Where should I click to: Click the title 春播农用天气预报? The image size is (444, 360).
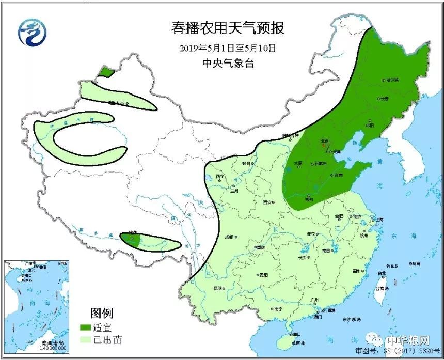click(228, 28)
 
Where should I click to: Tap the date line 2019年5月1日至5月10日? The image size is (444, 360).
click(228, 48)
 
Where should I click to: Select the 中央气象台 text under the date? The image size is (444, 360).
click(228, 63)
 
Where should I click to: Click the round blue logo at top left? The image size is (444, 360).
click(32, 32)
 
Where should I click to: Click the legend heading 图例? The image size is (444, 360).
click(101, 313)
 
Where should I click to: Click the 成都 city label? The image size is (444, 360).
click(229, 237)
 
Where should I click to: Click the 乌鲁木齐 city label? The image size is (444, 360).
click(116, 103)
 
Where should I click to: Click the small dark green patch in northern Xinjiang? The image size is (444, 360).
click(105, 72)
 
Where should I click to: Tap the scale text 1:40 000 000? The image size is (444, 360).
click(54, 348)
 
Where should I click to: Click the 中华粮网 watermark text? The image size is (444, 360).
click(408, 341)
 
